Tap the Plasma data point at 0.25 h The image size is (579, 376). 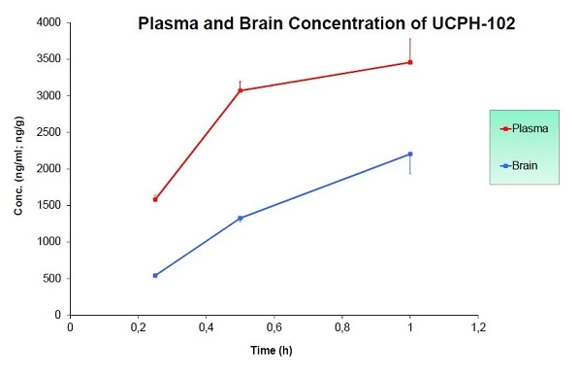(x=155, y=199)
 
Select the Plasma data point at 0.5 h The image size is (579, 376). (x=241, y=90)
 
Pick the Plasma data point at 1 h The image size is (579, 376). (x=410, y=62)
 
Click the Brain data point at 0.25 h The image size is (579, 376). (x=155, y=275)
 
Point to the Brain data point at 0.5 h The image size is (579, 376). (x=241, y=218)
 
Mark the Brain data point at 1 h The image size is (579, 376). (x=410, y=154)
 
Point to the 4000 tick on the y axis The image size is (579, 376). (x=48, y=22)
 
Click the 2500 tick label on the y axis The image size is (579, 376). (x=48, y=132)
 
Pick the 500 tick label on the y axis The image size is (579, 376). (x=51, y=278)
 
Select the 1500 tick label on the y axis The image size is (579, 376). (x=48, y=205)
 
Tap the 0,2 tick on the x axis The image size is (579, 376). (x=138, y=328)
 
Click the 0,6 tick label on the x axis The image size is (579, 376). (x=274, y=328)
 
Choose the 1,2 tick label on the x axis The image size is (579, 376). (x=478, y=328)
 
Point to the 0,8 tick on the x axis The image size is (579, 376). (x=342, y=328)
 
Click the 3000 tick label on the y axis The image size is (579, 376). (x=48, y=95)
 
